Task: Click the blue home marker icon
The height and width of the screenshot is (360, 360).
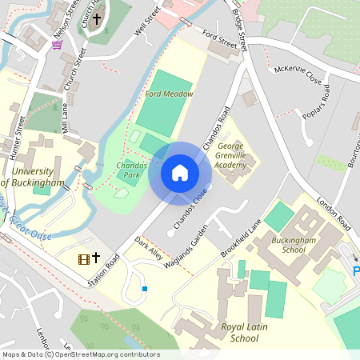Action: coord(180,172)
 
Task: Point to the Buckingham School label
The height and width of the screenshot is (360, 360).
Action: coord(289,244)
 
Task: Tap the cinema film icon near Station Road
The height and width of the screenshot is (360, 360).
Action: coord(83,258)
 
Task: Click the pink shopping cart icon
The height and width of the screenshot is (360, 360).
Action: coord(57,45)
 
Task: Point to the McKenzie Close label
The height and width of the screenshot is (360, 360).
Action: coord(298,76)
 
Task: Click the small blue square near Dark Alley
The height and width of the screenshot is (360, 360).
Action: coord(145,289)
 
